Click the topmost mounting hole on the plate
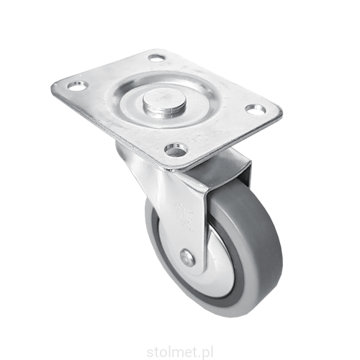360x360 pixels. (x=156, y=58)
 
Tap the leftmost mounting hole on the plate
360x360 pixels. (x=77, y=86)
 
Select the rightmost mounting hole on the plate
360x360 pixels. (x=256, y=110)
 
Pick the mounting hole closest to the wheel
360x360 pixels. (x=175, y=149)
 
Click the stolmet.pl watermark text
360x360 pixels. (x=179, y=353)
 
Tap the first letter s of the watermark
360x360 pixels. (x=150, y=354)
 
